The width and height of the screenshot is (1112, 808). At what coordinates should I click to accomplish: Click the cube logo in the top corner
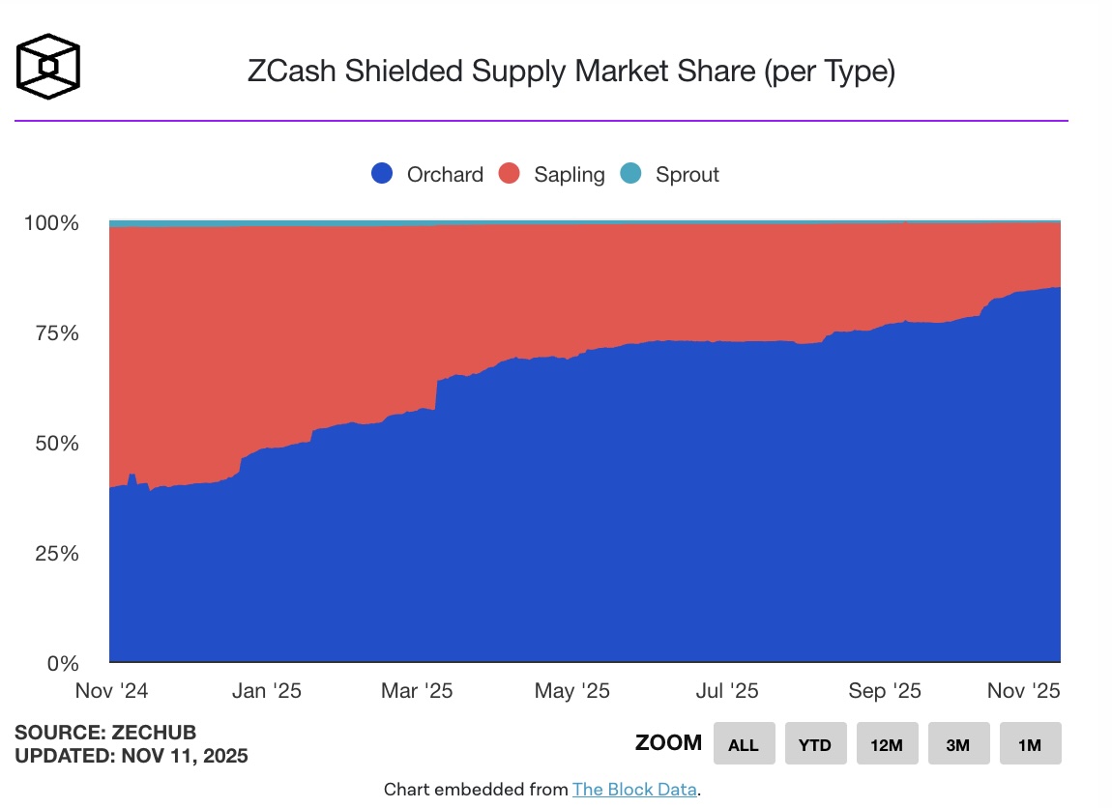point(48,66)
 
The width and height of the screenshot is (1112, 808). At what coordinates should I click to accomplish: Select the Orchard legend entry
point(427,174)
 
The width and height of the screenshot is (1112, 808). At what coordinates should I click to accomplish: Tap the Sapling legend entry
point(551,174)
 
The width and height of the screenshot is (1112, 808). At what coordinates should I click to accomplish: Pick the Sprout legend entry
point(670,174)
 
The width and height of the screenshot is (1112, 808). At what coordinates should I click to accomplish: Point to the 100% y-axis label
point(49,223)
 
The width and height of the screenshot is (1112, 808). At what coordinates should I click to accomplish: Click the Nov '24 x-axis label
point(111,691)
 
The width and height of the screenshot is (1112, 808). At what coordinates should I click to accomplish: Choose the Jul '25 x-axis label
point(726,691)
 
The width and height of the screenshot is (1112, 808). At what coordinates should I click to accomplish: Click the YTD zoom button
point(815,744)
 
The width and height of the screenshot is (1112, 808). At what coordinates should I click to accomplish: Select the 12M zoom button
point(887,744)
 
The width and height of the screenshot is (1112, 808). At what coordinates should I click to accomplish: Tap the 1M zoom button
point(1030,744)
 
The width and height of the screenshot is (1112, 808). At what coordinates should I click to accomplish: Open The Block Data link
point(634,789)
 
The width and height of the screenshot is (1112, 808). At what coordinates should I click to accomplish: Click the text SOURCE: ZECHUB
point(105,732)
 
